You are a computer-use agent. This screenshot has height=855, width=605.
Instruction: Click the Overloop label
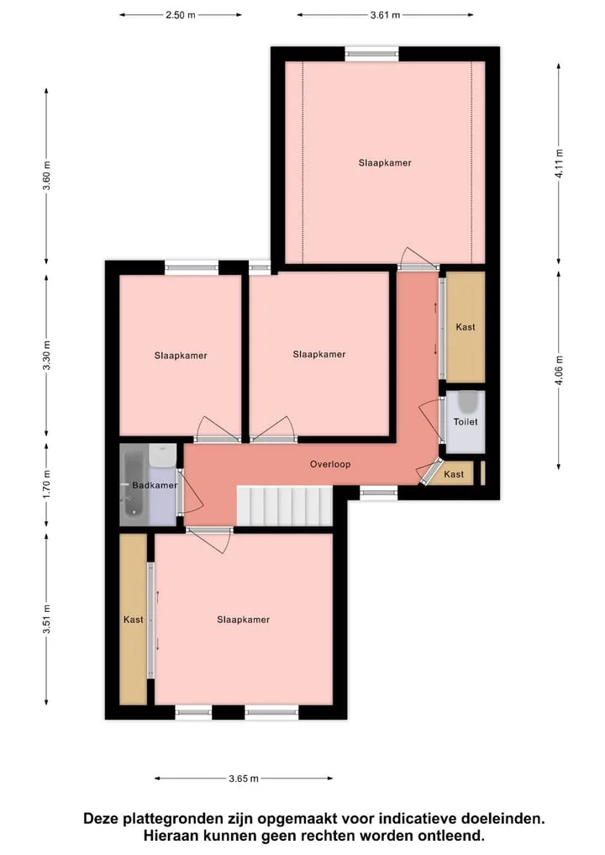329,465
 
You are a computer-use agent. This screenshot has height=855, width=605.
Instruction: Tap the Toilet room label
466,421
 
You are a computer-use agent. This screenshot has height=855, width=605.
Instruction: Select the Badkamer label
155,485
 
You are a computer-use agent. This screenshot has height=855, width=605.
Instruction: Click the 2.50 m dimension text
181,15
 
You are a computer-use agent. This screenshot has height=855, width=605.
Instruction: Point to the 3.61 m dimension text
386,15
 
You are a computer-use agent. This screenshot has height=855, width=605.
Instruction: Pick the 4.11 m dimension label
560,163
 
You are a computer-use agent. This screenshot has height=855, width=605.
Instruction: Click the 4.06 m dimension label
560,370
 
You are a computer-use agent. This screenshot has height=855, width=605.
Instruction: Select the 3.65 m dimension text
244,778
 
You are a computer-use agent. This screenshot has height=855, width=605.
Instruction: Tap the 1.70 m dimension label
47,484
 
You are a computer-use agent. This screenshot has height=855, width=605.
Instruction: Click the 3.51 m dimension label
47,620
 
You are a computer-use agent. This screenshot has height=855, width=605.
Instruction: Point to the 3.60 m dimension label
47,176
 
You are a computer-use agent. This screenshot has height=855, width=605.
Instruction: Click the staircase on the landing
285,506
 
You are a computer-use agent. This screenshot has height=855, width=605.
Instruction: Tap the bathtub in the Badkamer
133,484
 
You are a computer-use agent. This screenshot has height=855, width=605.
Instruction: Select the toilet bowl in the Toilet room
467,402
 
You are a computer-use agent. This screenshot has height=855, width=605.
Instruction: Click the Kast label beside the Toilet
466,327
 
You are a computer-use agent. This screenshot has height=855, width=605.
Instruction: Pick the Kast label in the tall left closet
133,620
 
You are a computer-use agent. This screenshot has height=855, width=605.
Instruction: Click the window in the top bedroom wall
371,54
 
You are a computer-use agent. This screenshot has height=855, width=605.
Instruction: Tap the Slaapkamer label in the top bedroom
385,163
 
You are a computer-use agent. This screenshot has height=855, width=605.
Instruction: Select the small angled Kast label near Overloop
454,474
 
